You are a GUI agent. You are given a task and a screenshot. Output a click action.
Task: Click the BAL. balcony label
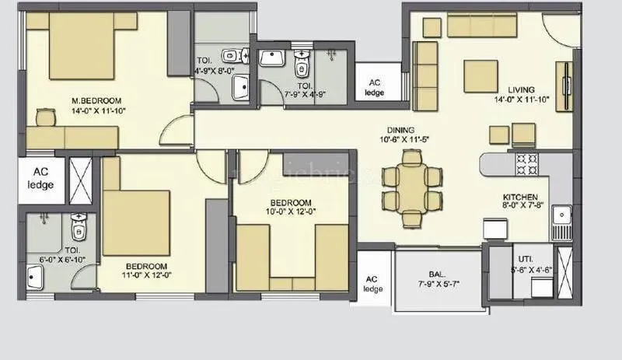(435, 274)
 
